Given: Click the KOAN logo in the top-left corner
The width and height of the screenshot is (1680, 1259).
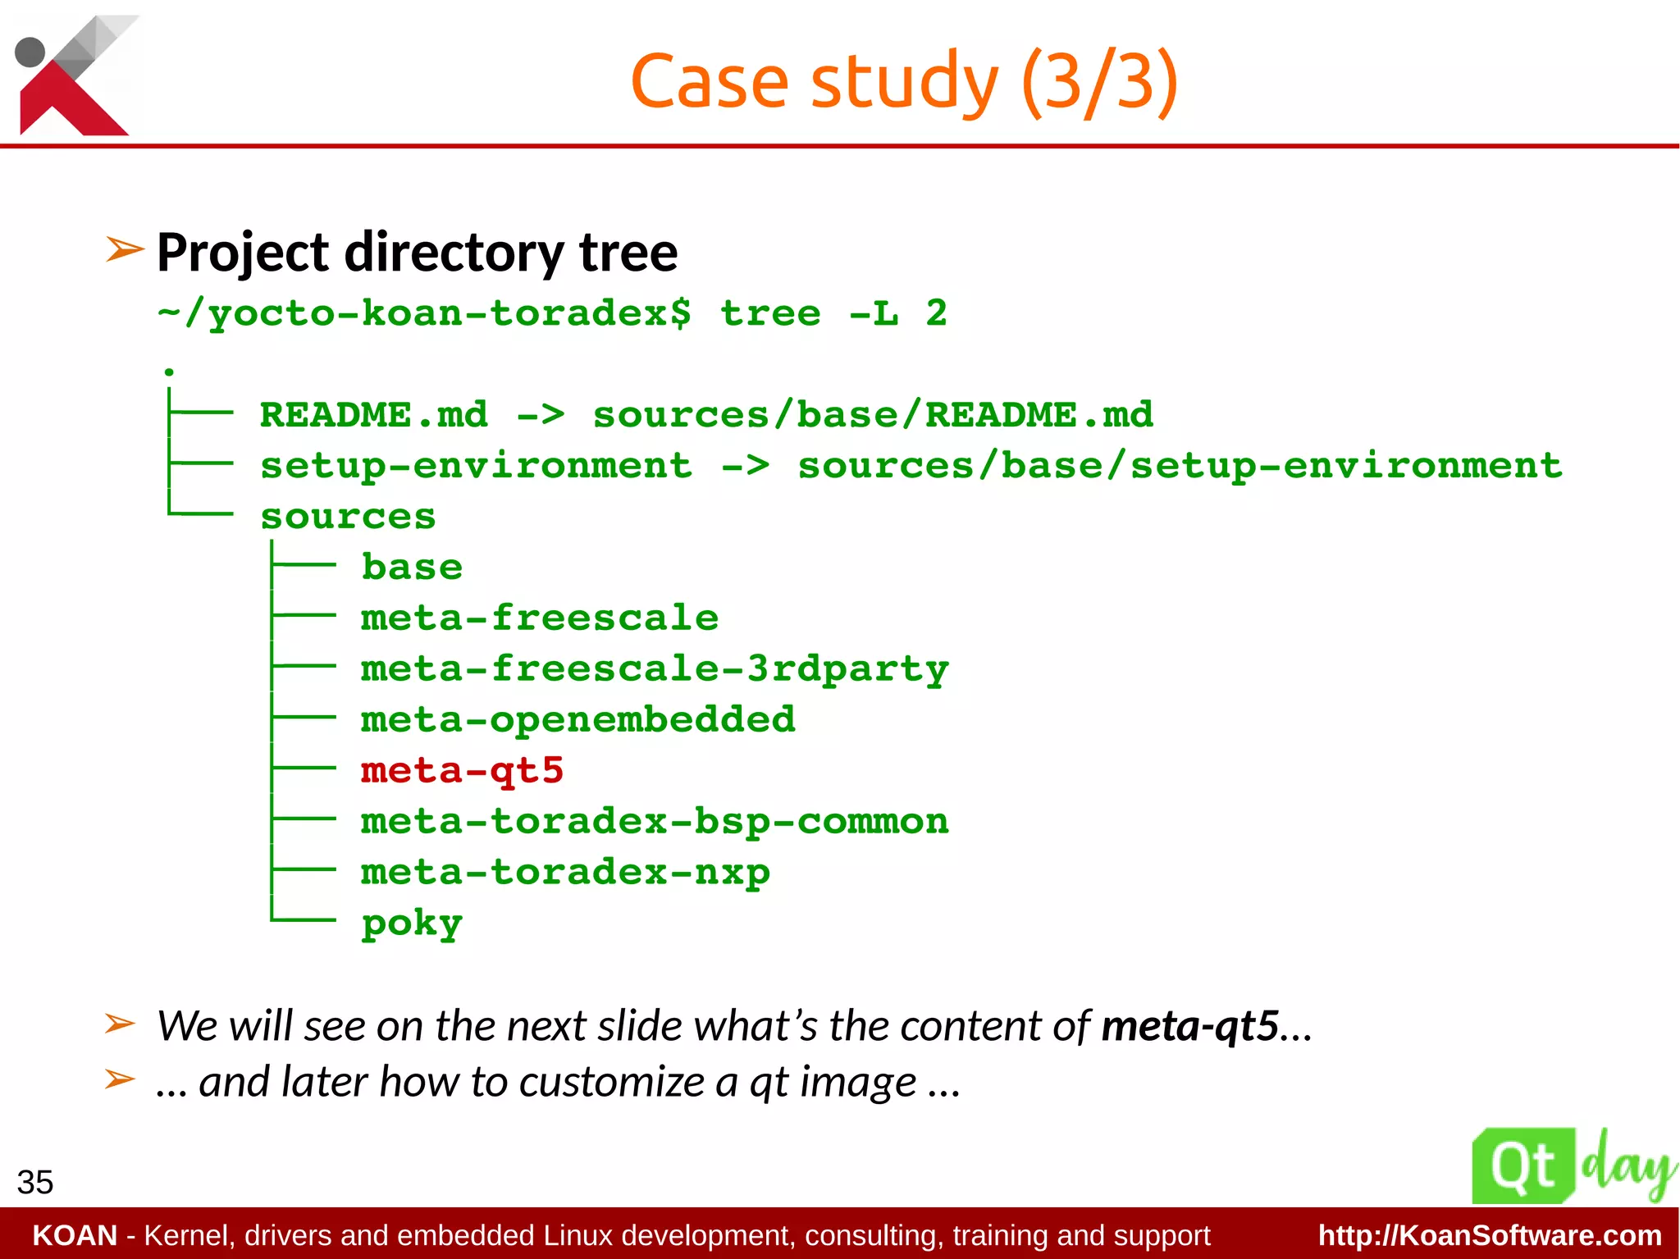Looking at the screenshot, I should pos(74,75).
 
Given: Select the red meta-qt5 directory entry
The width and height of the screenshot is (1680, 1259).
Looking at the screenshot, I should pos(462,771).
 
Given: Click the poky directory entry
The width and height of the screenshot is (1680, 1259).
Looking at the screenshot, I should pos(412,924).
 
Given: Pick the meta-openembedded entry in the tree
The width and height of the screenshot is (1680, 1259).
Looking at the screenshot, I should pos(578,720).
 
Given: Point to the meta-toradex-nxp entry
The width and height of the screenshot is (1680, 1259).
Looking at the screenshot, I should pos(565,873).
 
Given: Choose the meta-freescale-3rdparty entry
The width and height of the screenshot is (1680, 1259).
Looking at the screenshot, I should pos(655,669).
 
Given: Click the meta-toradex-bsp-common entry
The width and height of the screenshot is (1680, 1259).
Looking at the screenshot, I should pos(655,822).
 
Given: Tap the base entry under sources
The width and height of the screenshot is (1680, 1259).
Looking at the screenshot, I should pos(412,568).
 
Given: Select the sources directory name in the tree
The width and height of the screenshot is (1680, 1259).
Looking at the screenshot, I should pos(348,517).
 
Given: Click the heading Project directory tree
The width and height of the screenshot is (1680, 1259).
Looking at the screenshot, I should pos(417,252).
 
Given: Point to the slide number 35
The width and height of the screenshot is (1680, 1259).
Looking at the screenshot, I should pos(35,1183).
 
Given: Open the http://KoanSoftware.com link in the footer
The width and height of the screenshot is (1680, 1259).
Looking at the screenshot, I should pos(1490,1235).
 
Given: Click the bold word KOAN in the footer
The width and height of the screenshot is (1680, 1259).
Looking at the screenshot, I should pos(75,1235).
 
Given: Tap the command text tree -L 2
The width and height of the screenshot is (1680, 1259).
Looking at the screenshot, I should pos(833,313).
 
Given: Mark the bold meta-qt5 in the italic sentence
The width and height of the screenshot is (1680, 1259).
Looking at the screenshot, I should pos(1189,1026).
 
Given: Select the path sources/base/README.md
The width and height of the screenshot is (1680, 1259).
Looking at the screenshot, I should pos(873,415).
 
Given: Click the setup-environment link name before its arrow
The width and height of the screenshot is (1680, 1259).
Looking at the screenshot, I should pos(476,466).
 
